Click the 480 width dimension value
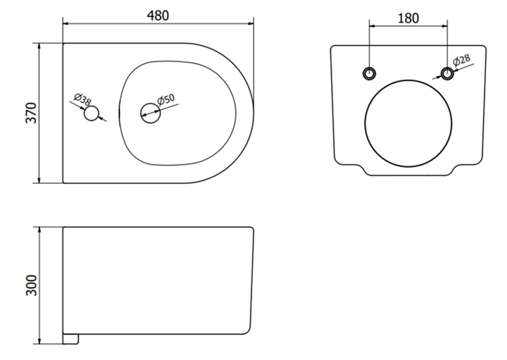tap(158, 15)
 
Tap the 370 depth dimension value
tap(32, 113)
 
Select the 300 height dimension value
tap(32, 285)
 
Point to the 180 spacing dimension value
tap(408, 18)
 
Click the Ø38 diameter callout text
tap(82, 99)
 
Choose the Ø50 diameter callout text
tap(166, 99)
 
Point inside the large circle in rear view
tap(408, 123)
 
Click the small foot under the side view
tap(70, 339)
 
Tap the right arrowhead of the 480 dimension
tap(251, 23)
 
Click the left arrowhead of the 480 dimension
tap(66, 23)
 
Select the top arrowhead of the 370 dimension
tap(39, 46)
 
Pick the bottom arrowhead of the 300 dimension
tap(39, 341)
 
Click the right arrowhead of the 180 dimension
tap(444, 25)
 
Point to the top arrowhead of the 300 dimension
tap(39, 230)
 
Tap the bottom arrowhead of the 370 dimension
tap(39, 180)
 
